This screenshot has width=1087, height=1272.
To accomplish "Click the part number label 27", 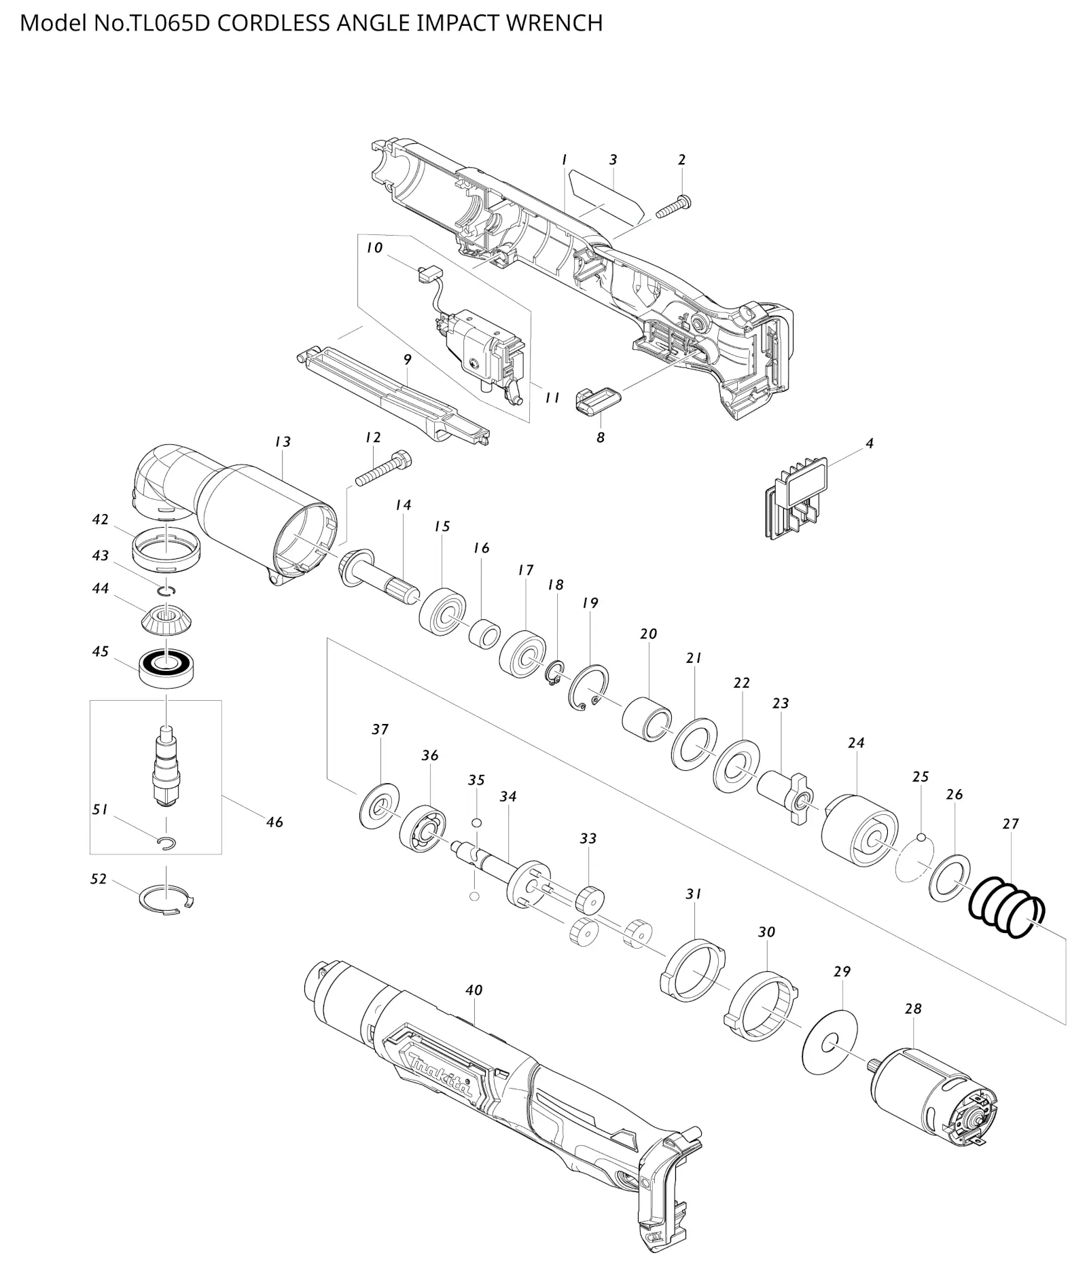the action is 1010,824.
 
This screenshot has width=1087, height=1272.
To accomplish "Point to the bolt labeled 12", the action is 383,467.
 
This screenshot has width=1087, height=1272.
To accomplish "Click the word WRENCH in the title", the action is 554,23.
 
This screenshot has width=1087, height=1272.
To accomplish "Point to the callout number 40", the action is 474,990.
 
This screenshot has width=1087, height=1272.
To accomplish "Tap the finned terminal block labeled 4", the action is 795,498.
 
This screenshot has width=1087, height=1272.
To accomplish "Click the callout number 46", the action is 274,822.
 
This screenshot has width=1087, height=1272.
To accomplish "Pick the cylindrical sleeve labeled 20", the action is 647,719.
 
